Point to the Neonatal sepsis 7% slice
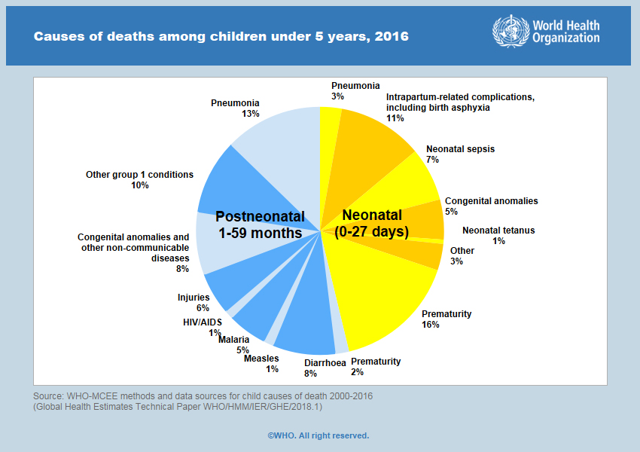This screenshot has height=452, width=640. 410,181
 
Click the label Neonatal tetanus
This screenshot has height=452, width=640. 498,231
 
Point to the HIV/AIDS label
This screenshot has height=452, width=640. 203,322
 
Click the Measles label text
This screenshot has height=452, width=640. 261,359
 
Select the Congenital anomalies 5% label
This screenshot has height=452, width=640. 491,201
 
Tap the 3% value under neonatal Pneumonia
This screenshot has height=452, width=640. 337,96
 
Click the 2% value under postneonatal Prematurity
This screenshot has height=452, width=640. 357,371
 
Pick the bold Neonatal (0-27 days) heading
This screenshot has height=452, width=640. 371,223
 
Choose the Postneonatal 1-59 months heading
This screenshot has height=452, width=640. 259,224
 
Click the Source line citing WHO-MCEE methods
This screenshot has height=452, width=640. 203,396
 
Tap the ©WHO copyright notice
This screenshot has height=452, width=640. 318,435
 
